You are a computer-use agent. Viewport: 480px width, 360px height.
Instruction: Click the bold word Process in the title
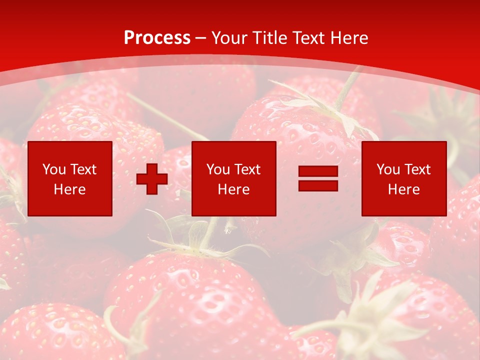pos(157,38)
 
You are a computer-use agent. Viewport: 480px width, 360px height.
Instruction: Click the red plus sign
pos(152,179)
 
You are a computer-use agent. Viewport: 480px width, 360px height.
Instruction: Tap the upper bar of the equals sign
pos(318,172)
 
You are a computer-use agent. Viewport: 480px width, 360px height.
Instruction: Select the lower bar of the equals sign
pos(318,185)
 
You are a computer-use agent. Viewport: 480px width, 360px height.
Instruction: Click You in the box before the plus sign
pos(53,169)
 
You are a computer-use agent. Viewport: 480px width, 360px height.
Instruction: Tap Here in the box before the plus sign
pos(69,189)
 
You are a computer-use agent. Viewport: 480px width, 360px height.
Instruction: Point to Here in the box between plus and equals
pos(233,189)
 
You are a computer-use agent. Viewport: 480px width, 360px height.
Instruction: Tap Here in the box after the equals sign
pos(403,189)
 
